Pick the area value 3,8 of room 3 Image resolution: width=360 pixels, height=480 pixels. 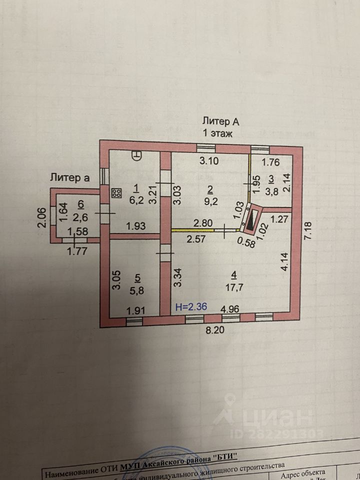270,190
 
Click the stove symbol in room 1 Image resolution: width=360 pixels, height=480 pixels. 117,193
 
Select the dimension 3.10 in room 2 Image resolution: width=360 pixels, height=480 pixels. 209,161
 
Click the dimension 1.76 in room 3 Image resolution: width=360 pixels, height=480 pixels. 270,161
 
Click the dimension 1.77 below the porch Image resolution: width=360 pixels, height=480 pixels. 78,251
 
